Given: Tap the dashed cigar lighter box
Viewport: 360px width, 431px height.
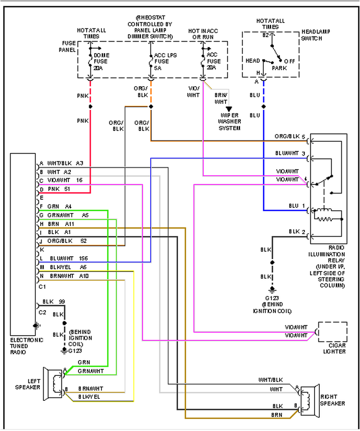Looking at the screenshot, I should [333, 332].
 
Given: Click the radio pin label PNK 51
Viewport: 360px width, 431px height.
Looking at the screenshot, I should [59, 189].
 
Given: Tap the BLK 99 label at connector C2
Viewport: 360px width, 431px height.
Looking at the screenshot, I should [54, 302].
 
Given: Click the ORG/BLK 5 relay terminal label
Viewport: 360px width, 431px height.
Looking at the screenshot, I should [290, 136].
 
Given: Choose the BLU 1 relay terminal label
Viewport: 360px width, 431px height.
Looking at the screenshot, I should [296, 206].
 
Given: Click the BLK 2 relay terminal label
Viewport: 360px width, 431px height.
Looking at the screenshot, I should [296, 232].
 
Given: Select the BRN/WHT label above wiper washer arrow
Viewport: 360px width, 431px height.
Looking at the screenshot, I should [221, 98].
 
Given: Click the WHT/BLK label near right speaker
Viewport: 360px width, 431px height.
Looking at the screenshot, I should [270, 379].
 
